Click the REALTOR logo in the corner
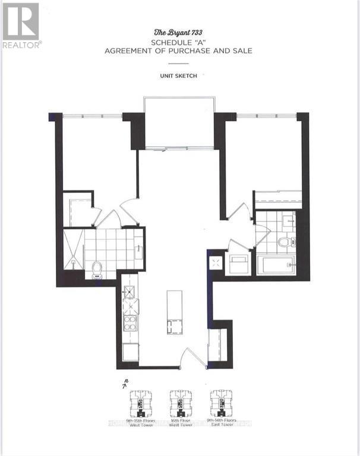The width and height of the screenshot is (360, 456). (x=21, y=24)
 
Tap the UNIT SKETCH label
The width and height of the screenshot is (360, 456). (x=179, y=76)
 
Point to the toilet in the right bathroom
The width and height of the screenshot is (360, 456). (x=284, y=242)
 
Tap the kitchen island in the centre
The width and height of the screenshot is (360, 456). (x=174, y=312)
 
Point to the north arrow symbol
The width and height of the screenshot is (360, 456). (x=125, y=385)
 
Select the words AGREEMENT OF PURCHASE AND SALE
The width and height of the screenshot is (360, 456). (x=178, y=51)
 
